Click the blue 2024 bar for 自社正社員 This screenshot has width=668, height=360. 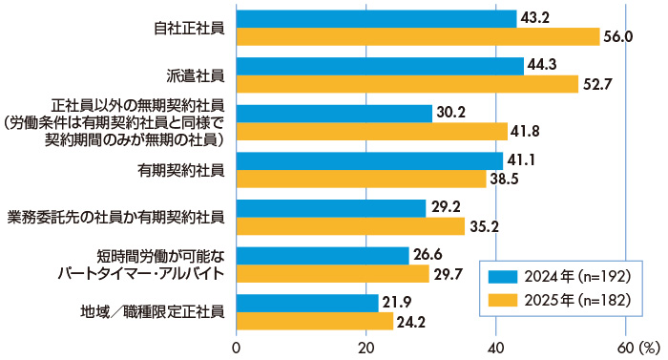[376, 18]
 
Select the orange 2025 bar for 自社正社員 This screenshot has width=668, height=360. [417, 36]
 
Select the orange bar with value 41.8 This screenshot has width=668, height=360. [371, 131]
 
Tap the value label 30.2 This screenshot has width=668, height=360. [450, 113]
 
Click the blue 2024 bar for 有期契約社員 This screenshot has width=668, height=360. [369, 160]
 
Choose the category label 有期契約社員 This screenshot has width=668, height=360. [181, 170]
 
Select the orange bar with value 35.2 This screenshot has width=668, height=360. [350, 226]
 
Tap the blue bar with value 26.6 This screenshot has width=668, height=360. [322, 255]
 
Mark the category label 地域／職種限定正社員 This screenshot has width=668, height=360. [155, 311]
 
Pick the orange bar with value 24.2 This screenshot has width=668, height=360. [314, 321]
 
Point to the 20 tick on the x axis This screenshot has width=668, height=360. [365, 348]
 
